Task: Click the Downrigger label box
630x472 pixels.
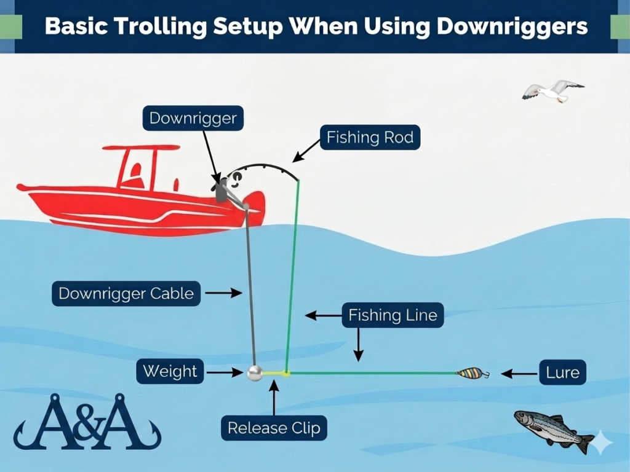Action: [193, 118]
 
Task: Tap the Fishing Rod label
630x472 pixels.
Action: [370, 137]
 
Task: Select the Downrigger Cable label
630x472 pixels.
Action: [126, 293]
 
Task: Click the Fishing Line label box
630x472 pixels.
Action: [393, 315]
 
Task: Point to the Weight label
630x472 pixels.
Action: [170, 371]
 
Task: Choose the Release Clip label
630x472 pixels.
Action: [274, 428]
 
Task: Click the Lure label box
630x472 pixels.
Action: [562, 373]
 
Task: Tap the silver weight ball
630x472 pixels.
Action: [255, 373]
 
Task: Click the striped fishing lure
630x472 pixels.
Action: [472, 374]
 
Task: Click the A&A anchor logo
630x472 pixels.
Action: [87, 422]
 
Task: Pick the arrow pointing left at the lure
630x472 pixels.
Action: [520, 374]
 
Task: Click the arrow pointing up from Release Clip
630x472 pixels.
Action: [274, 398]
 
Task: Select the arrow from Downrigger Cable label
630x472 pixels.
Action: [223, 293]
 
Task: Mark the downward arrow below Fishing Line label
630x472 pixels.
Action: [359, 344]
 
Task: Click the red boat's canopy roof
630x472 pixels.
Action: [141, 147]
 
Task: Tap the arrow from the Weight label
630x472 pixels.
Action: [225, 372]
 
